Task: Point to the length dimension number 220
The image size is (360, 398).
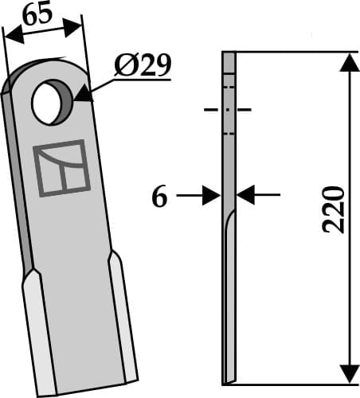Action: (x=335, y=209)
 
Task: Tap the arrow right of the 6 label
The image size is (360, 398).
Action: (x=211, y=194)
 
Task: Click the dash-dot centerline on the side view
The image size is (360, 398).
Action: (x=229, y=109)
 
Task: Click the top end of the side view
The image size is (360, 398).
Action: (x=229, y=54)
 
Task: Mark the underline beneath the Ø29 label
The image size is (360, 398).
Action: (x=143, y=78)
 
